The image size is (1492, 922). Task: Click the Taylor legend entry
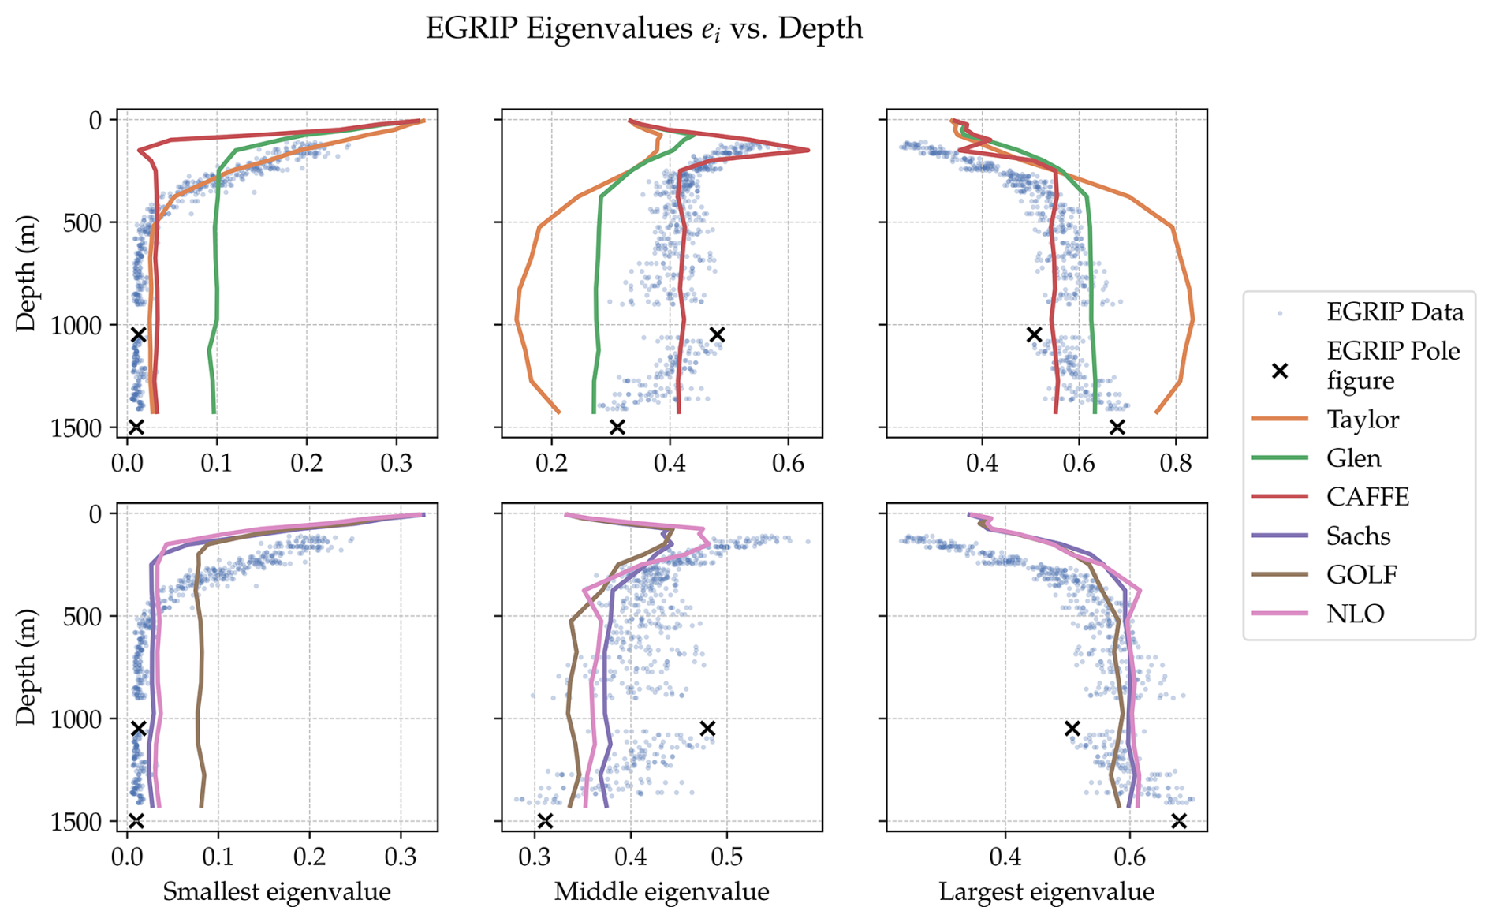pos(1362,420)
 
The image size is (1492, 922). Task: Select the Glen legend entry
pos(1353,458)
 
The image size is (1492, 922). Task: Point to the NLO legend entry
pos(1355,614)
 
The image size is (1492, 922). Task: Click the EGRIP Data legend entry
pos(1394,312)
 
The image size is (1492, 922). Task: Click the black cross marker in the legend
pos(1280,370)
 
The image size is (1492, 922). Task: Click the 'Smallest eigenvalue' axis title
pos(277,892)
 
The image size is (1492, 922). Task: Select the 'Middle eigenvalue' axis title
pos(662,892)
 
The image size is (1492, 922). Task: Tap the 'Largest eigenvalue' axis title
pos(1046,892)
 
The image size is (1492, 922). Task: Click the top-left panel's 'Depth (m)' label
pos(26,273)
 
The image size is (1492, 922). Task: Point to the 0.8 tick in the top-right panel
pos(1175,462)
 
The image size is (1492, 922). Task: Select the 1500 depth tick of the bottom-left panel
pos(76,822)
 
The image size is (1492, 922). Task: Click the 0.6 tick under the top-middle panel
pos(787,462)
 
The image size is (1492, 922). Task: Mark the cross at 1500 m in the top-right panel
pos(1117,427)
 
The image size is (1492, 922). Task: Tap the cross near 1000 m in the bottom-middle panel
pos(707,728)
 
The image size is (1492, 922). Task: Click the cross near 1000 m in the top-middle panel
pos(717,334)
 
